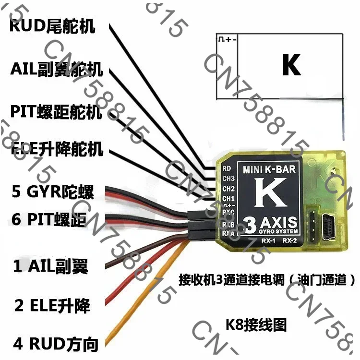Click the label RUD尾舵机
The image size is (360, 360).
click(52, 25)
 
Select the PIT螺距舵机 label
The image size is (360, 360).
click(56, 112)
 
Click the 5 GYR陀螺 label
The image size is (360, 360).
click(53, 192)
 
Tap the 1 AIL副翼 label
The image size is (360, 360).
click(50, 266)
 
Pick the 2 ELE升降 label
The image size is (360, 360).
click(52, 305)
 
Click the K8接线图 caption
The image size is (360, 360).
click(255, 325)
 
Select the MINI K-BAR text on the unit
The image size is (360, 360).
click(269, 169)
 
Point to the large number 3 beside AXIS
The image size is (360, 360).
click(250, 224)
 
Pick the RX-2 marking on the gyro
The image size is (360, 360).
click(289, 240)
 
